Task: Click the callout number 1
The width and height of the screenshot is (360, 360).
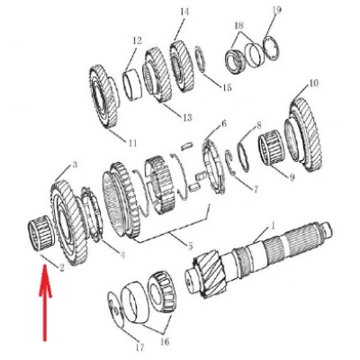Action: pos(273,225)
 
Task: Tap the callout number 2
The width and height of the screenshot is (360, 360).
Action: pos(62,267)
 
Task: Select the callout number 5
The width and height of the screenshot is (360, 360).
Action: pos(190,247)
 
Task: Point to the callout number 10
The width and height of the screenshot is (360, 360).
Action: pos(313,83)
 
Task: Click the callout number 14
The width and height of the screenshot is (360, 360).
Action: pos(184,12)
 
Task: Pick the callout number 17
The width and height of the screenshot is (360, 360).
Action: pos(139,347)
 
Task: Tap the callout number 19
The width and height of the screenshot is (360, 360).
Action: pos(277,10)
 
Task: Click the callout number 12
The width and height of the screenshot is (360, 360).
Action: pos(137,40)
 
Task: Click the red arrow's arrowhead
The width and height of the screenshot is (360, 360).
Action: pos(45,281)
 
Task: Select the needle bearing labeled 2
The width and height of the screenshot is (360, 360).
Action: pos(40,233)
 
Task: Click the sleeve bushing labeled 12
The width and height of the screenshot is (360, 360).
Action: pos(132,85)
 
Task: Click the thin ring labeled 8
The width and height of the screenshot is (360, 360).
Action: pos(243,157)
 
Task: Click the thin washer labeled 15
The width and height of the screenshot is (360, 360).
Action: pos(200,60)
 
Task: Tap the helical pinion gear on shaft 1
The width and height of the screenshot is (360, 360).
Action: pos(211,274)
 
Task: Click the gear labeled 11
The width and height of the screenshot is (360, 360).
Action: pos(104,96)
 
